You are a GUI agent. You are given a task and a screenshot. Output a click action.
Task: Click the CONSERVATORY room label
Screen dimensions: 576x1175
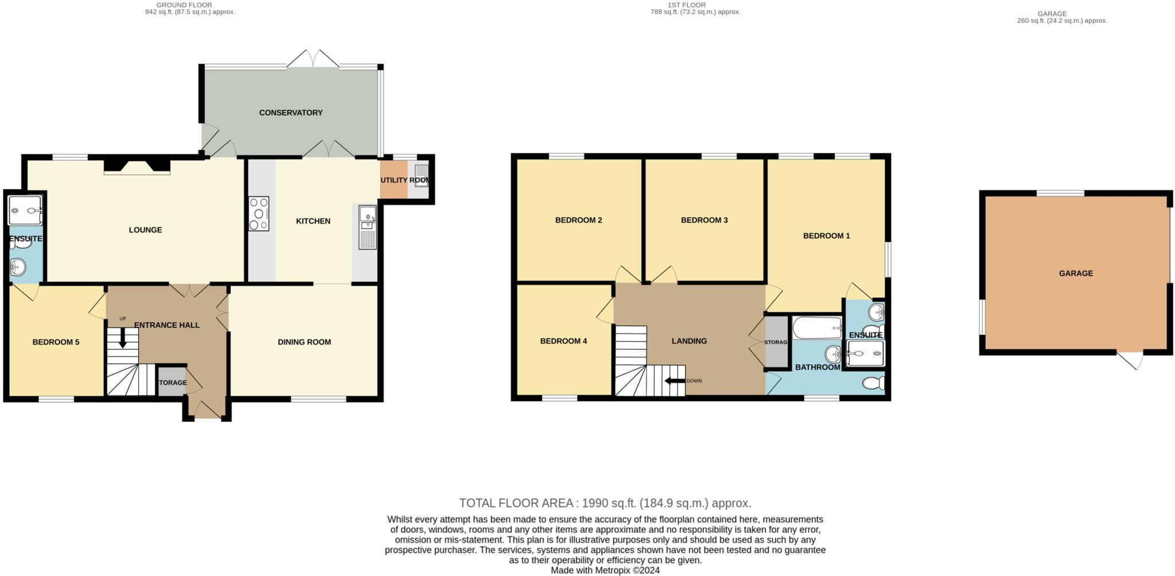290,113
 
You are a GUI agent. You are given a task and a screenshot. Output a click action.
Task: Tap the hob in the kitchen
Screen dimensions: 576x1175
259,214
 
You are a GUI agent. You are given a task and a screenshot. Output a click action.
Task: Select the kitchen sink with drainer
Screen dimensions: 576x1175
367,228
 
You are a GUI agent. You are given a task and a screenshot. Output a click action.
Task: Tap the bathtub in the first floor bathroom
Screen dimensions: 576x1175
817,328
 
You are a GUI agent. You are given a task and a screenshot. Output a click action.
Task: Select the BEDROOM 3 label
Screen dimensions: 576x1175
704,220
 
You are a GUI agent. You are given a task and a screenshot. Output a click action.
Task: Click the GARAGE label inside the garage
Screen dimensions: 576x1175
1075,273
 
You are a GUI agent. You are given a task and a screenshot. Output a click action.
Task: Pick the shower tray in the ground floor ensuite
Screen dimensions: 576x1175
25,210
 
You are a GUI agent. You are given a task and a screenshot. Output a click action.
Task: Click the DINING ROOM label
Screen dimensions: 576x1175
304,342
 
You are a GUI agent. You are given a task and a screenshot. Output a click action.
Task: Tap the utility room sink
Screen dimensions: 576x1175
422,171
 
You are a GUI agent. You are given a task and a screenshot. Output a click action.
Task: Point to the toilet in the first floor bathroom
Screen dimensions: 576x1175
873,383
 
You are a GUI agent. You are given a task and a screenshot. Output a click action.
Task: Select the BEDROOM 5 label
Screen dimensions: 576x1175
56,342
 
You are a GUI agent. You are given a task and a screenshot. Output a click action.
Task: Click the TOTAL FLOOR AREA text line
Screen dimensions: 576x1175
605,503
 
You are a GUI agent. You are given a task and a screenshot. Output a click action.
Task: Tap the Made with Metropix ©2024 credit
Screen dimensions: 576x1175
605,570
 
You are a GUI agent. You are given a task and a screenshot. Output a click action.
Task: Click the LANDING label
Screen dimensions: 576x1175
689,341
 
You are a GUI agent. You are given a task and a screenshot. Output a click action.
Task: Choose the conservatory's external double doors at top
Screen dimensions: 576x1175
313,59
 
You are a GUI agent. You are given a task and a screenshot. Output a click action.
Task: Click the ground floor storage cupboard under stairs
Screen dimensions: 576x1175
172,382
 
